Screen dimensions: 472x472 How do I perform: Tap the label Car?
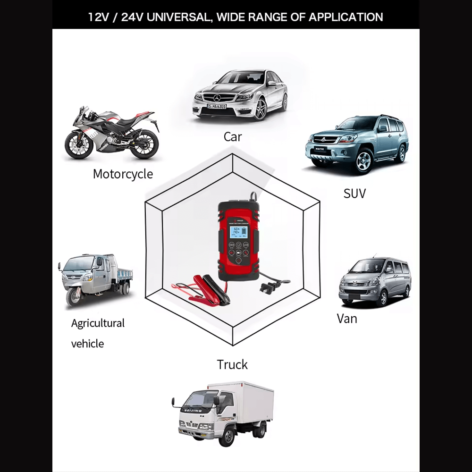click(x=233, y=137)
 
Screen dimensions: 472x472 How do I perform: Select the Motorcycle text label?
click(x=123, y=174)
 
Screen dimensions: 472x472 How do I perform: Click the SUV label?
click(x=354, y=193)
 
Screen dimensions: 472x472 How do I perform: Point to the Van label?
click(x=347, y=318)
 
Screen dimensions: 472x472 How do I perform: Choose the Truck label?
click(x=232, y=364)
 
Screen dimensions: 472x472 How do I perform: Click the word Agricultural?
click(x=98, y=323)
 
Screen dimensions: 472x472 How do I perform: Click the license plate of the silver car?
click(x=217, y=107)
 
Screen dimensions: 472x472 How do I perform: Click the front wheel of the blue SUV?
click(x=364, y=160)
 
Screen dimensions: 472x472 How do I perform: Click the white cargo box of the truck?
click(x=245, y=401)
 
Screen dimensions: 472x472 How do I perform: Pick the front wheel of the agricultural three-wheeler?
click(x=74, y=296)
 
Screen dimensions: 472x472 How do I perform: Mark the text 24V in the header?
click(x=133, y=17)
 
